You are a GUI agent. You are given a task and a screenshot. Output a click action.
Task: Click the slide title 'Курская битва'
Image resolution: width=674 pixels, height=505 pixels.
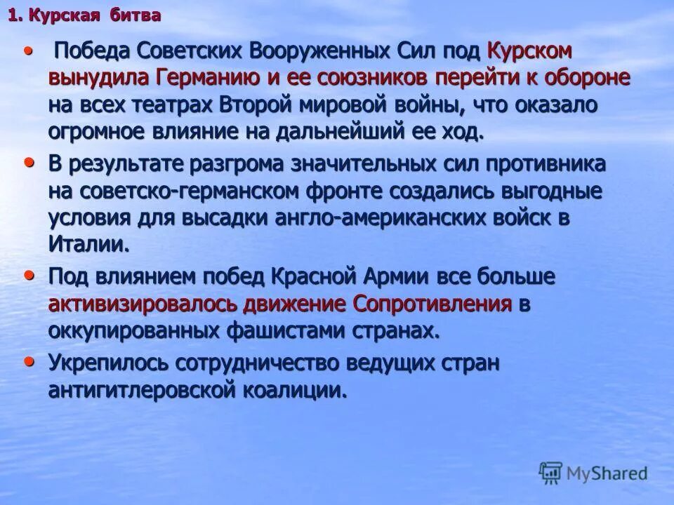[85, 15]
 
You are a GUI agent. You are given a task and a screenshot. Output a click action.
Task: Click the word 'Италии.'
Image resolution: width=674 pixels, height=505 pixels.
[89, 244]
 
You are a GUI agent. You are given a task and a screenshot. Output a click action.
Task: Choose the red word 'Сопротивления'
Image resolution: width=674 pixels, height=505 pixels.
[432, 304]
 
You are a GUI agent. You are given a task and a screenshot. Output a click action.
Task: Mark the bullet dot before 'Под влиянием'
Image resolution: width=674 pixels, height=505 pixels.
[29, 275]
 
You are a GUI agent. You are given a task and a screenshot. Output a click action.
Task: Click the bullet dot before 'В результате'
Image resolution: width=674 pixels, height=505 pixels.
[29, 162]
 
